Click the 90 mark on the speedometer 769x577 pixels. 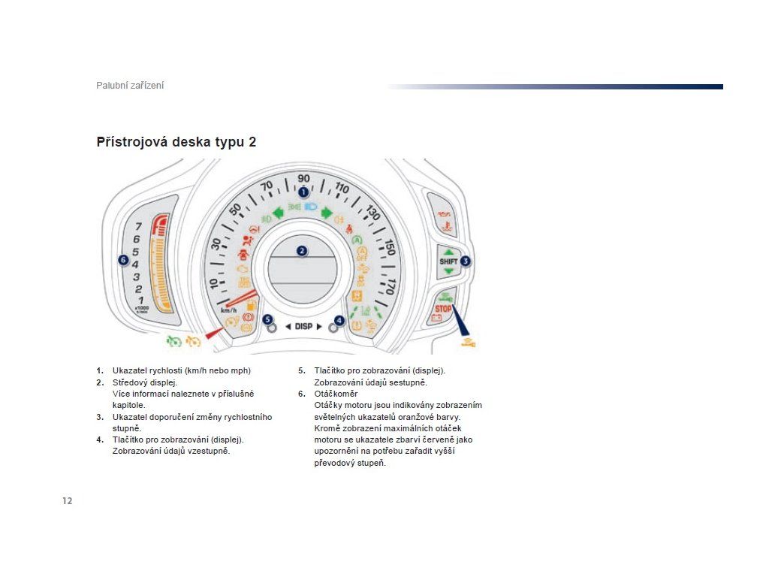pyautogui.click(x=303, y=178)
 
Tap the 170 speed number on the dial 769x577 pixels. pyautogui.click(x=389, y=285)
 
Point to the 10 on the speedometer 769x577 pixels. pyautogui.click(x=213, y=283)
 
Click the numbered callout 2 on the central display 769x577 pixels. pyautogui.click(x=302, y=251)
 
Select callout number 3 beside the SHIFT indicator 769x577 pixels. pyautogui.click(x=466, y=261)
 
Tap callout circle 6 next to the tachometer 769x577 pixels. pyautogui.click(x=124, y=260)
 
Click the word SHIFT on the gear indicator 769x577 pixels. pyautogui.click(x=448, y=261)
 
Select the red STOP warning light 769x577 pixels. pyautogui.click(x=443, y=309)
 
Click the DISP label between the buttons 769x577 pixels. pyautogui.click(x=303, y=326)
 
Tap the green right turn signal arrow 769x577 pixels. pyautogui.click(x=327, y=213)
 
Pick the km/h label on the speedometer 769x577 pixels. pyautogui.click(x=228, y=310)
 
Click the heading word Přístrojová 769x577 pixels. pyautogui.click(x=131, y=142)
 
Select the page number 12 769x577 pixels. pyautogui.click(x=68, y=501)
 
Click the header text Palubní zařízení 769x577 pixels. pyautogui.click(x=130, y=86)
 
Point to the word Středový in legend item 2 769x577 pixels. pyautogui.click(x=131, y=382)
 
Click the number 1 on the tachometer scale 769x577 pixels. pyautogui.click(x=140, y=300)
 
